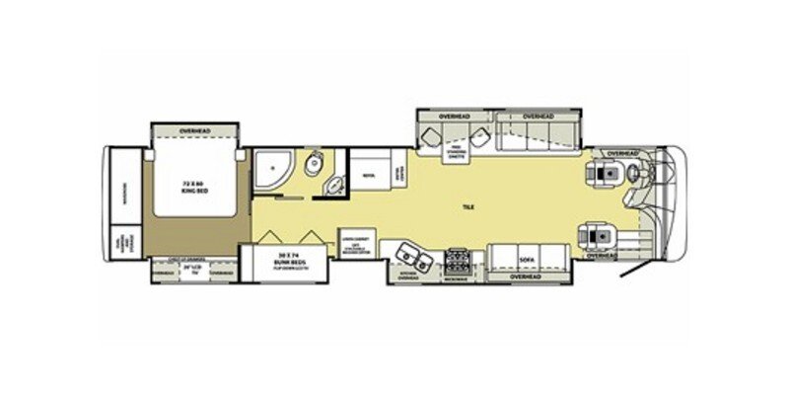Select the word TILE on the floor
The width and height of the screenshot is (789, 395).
467,207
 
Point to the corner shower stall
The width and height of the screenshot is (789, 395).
269,170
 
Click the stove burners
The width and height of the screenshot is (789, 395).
459,260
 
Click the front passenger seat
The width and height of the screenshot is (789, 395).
600,235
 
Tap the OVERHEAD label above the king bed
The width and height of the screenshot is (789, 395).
193,131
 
